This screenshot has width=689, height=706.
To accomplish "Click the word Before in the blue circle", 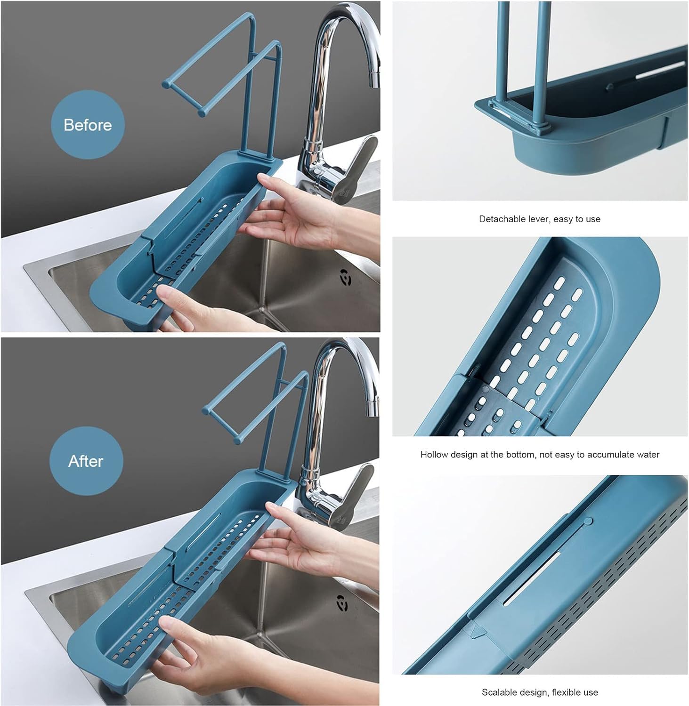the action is [x=88, y=125].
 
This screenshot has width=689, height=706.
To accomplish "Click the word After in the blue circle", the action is [x=86, y=461].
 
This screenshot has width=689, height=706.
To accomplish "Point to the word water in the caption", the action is [x=648, y=455].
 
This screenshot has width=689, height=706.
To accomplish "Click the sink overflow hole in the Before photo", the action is [x=345, y=278].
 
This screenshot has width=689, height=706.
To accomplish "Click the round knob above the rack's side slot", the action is [x=588, y=521].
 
